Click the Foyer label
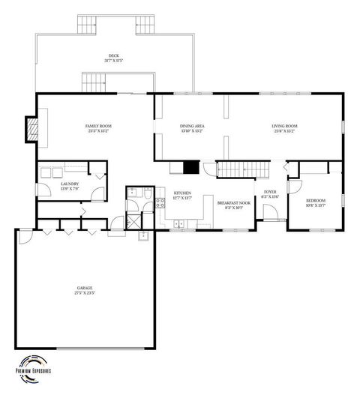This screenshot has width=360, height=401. click(270, 193)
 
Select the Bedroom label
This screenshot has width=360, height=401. click(315, 202)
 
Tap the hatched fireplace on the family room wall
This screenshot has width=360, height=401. click(32, 129)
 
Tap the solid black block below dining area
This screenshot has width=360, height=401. click(192, 169)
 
